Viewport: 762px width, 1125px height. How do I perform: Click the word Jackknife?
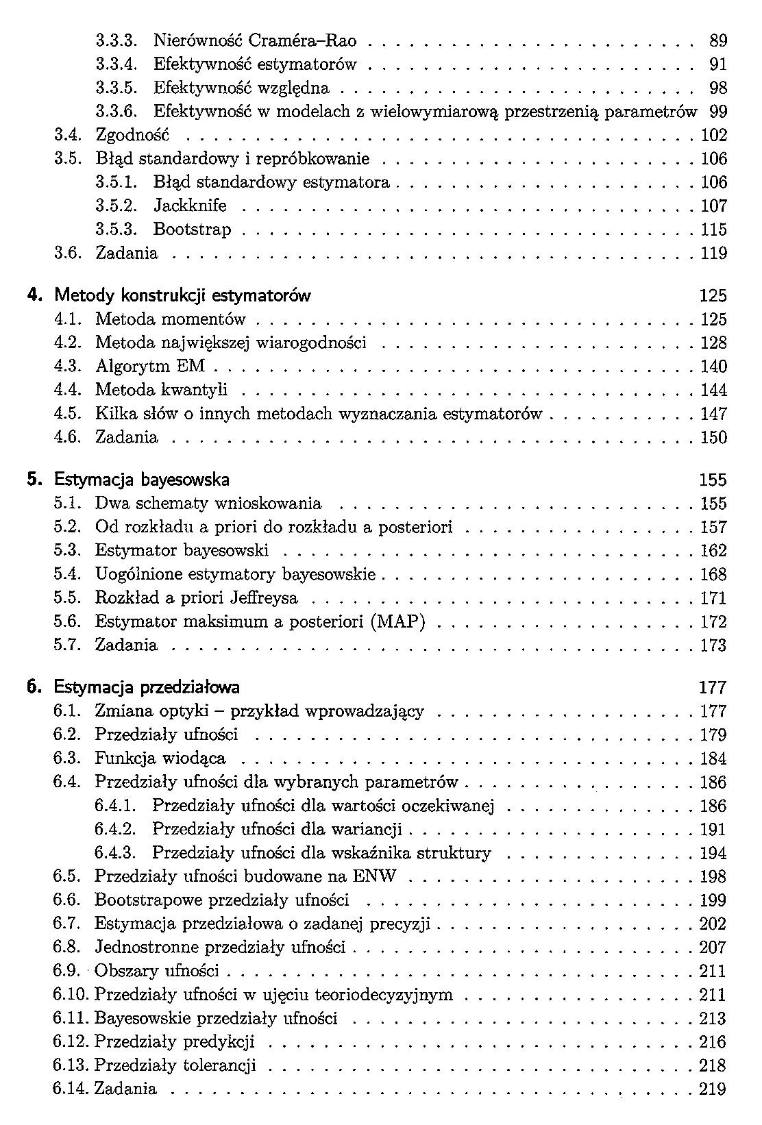[190, 206]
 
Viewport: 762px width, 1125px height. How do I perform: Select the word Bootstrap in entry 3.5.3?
[193, 230]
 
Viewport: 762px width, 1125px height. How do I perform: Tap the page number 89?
[718, 41]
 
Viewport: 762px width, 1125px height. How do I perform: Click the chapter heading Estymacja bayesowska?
[142, 479]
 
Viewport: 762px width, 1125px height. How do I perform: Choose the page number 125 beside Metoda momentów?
[713, 319]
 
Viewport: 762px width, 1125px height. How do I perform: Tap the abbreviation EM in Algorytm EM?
[190, 367]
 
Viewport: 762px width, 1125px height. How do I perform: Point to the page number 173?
[713, 645]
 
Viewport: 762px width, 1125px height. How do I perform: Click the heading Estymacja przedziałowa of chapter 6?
[147, 687]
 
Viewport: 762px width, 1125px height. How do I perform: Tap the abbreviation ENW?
[375, 876]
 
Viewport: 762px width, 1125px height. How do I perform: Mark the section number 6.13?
[71, 1065]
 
